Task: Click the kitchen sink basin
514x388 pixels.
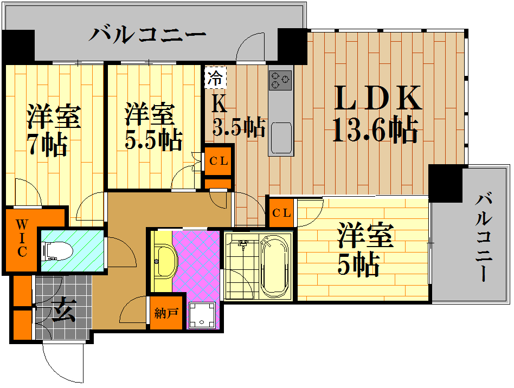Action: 281,138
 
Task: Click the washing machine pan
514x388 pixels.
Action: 202,315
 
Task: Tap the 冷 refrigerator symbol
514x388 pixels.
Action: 215,77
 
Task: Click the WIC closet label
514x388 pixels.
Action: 22,238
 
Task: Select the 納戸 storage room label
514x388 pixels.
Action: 166,313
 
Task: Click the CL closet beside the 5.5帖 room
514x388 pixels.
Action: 219,161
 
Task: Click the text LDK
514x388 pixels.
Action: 377,98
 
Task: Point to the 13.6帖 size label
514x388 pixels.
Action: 375,130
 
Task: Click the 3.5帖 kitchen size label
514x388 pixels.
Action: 239,126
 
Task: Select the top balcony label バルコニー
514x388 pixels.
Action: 147,35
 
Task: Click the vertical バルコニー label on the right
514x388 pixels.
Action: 484,237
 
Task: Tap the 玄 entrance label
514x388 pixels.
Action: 64,310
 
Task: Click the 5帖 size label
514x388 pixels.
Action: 358,264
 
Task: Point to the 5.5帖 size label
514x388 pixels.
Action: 153,140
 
